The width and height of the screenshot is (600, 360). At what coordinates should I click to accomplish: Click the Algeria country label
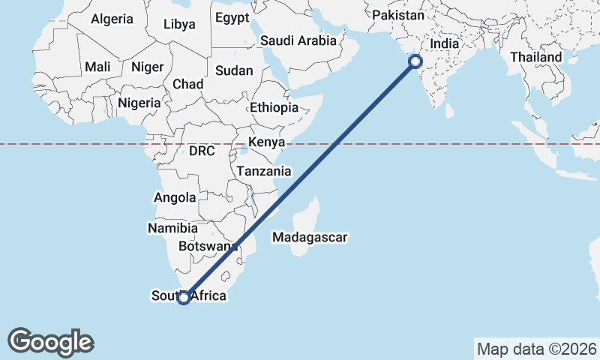pyautogui.click(x=112, y=19)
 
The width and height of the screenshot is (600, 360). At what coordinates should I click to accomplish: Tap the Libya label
pyautogui.click(x=179, y=24)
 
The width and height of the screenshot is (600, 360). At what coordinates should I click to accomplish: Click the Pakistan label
pyautogui.click(x=398, y=15)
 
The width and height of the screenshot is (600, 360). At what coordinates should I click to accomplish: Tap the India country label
pyautogui.click(x=445, y=43)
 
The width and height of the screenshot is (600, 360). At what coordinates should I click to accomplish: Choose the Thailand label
pyautogui.click(x=535, y=57)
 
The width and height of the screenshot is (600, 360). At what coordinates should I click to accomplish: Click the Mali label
pyautogui.click(x=97, y=67)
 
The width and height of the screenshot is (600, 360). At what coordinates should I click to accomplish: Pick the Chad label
pyautogui.click(x=187, y=84)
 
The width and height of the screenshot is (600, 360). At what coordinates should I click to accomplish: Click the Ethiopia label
pyautogui.click(x=274, y=107)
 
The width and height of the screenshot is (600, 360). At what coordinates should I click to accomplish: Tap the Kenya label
pyautogui.click(x=266, y=142)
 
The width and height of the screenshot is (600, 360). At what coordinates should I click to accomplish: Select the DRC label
pyautogui.click(x=202, y=151)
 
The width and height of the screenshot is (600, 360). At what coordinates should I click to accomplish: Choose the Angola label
pyautogui.click(x=174, y=198)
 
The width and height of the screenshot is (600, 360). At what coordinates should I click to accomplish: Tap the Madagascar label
pyautogui.click(x=310, y=238)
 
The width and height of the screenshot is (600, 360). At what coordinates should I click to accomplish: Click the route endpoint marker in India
pyautogui.click(x=414, y=63)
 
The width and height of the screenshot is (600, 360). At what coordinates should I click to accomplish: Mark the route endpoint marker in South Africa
pyautogui.click(x=183, y=298)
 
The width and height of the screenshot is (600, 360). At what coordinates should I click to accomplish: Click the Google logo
pyautogui.click(x=50, y=342)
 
